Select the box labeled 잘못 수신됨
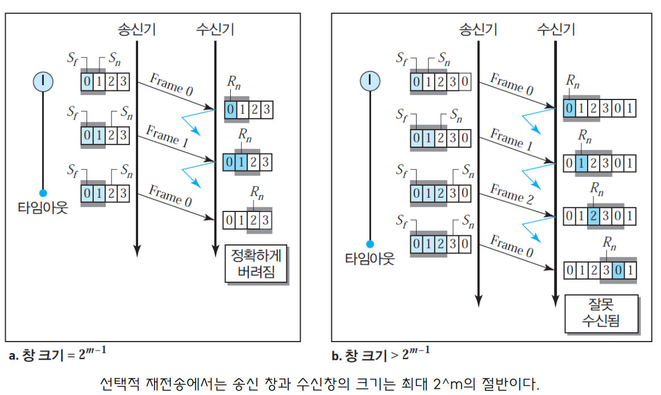(x=601, y=313)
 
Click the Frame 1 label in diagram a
(x=167, y=138)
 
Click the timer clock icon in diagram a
(x=43, y=81)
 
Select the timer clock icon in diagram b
(x=370, y=81)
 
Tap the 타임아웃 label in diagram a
(x=43, y=208)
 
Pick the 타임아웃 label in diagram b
(x=370, y=259)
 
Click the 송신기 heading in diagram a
(x=137, y=30)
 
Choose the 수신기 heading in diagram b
(x=555, y=30)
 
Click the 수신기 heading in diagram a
(x=215, y=30)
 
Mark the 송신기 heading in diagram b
(x=478, y=30)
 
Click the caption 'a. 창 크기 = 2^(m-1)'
(x=57, y=355)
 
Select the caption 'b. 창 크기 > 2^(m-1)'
(x=380, y=355)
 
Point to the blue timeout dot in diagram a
(x=43, y=192)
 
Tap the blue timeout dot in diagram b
(x=370, y=244)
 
